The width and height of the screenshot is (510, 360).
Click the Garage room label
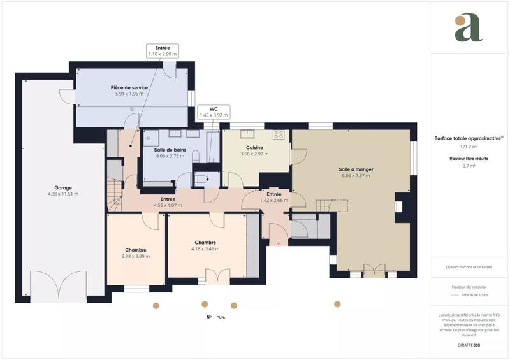tap(62, 188)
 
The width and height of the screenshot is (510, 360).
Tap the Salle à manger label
tap(356, 169)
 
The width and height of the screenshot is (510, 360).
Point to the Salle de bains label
tap(170, 150)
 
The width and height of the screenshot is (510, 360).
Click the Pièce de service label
tap(129, 87)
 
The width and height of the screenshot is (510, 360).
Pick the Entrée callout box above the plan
tap(162, 51)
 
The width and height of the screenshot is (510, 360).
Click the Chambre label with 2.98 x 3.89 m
tap(136, 250)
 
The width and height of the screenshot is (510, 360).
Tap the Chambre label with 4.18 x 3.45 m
tap(205, 242)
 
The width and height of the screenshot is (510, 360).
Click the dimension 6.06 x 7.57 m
tap(356, 175)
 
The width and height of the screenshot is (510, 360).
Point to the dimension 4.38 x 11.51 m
tap(62, 194)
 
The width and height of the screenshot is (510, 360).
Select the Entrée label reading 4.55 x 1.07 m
tap(168, 199)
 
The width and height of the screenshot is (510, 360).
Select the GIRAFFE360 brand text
tap(469, 343)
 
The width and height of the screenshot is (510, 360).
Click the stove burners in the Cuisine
tap(279, 134)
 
